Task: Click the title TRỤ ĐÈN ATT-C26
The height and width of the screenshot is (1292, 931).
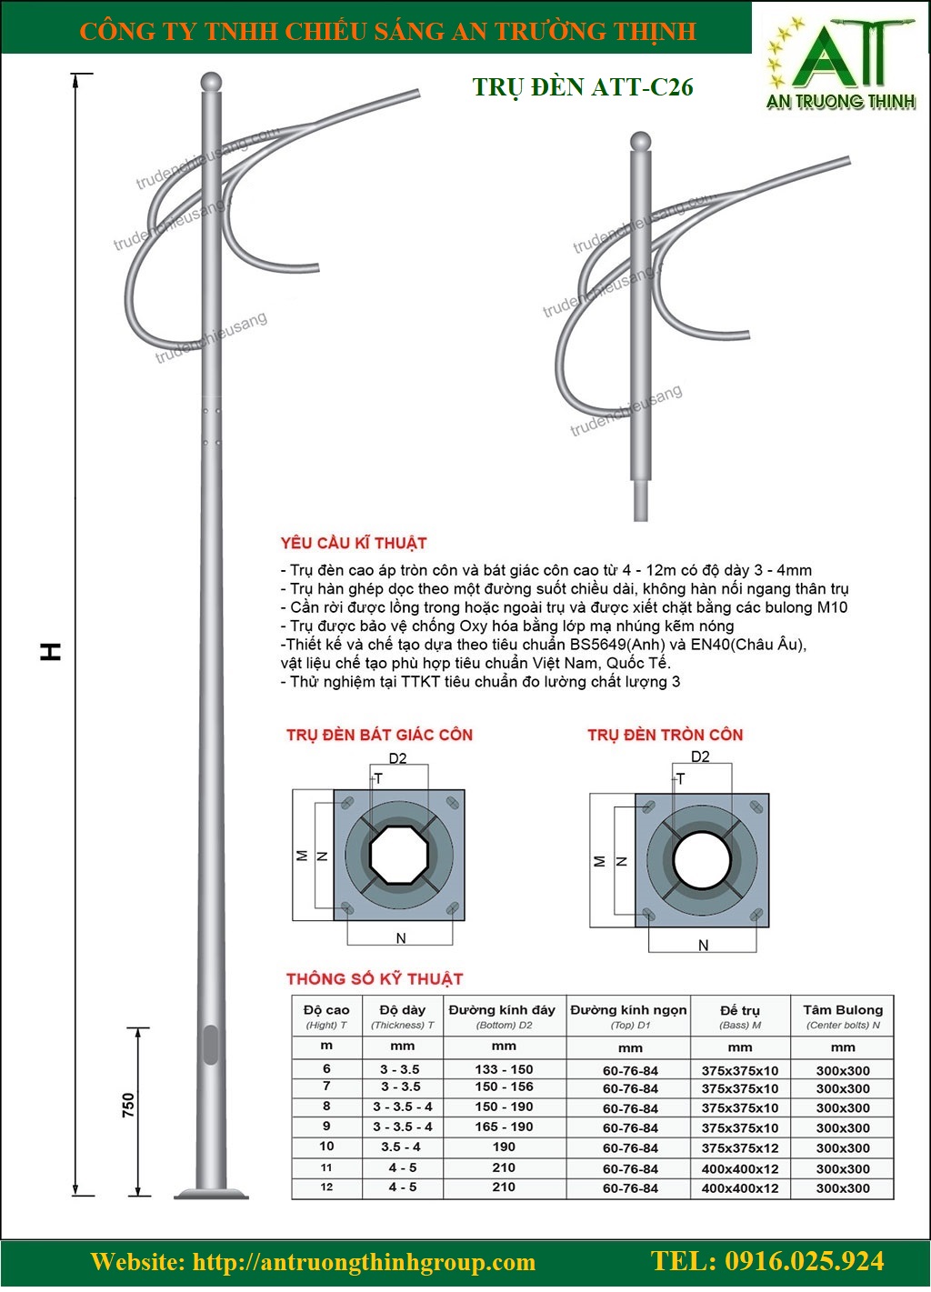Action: [583, 87]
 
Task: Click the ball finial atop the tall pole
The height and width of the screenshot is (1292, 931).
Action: [210, 81]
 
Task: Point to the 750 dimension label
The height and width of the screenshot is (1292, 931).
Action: [128, 1105]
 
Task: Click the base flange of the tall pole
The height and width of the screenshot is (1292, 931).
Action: [210, 1193]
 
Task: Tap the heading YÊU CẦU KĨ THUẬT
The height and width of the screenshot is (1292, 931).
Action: [354, 544]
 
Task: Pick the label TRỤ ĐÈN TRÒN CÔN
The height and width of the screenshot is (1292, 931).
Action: [666, 735]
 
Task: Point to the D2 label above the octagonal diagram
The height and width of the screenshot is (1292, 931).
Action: [397, 758]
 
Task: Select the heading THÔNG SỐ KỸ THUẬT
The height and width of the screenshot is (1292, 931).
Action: [375, 979]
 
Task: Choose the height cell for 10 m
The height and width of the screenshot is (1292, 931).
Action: [326, 1147]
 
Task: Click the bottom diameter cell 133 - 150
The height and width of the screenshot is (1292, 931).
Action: [504, 1069]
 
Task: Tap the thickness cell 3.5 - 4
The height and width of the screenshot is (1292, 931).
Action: [403, 1147]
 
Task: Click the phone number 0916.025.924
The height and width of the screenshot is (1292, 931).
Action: [767, 1261]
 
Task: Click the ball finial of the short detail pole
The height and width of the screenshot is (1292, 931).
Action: [642, 142]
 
